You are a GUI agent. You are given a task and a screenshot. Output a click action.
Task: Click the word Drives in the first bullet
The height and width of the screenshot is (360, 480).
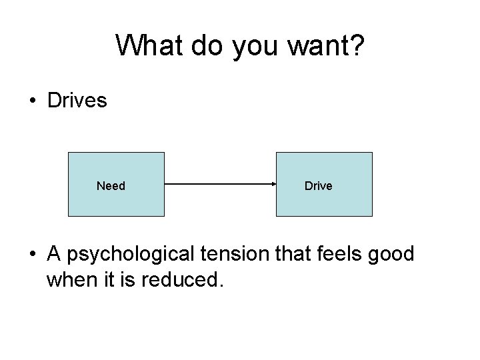[x=77, y=101]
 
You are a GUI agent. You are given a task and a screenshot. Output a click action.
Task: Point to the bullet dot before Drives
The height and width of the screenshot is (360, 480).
[x=32, y=102]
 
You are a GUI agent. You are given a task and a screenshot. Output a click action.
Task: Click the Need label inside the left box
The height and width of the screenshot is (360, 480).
[x=111, y=186]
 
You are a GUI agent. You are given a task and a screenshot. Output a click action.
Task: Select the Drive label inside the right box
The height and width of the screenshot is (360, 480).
[x=318, y=186]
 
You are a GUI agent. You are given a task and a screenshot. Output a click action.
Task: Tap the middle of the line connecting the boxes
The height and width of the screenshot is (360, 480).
[x=220, y=185]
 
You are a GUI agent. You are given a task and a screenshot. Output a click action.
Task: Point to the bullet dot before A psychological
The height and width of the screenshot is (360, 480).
[x=32, y=255]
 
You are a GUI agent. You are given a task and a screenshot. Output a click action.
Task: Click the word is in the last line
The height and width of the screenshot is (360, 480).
[x=127, y=279]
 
